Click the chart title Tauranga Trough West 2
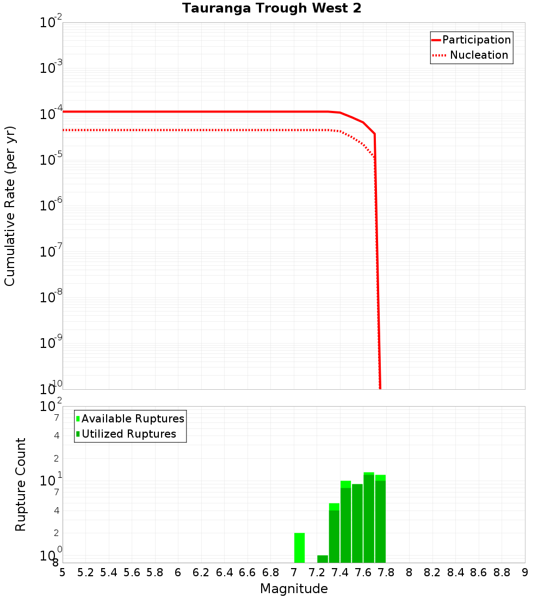coord(271,9)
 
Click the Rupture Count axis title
coord(21,484)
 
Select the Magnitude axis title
coord(294,589)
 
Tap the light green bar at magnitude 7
coord(299,547)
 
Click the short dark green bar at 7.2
coord(323,559)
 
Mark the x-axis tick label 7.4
coord(340,572)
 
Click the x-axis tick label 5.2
coord(85,572)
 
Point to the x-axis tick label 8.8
coord(502,572)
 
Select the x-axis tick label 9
coord(525,572)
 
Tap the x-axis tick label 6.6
coord(248,572)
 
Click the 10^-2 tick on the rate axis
coord(51,23)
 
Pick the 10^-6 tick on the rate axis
coord(51,207)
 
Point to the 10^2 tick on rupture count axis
coord(51,407)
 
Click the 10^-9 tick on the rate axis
coord(51,344)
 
